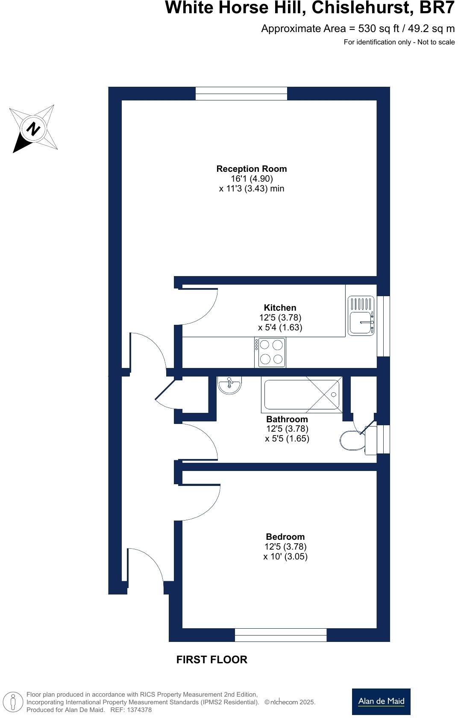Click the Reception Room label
coord(251,169)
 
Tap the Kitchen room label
coord(280,308)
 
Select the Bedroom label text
coord(285,537)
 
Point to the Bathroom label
coord(287,419)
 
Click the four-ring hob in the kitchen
coord(271,352)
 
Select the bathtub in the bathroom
coord(302,395)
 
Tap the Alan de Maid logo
coord(381,701)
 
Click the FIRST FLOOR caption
coord(211,659)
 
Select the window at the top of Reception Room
coord(241,93)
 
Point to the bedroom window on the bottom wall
coord(280,635)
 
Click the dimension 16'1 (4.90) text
coord(251,179)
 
